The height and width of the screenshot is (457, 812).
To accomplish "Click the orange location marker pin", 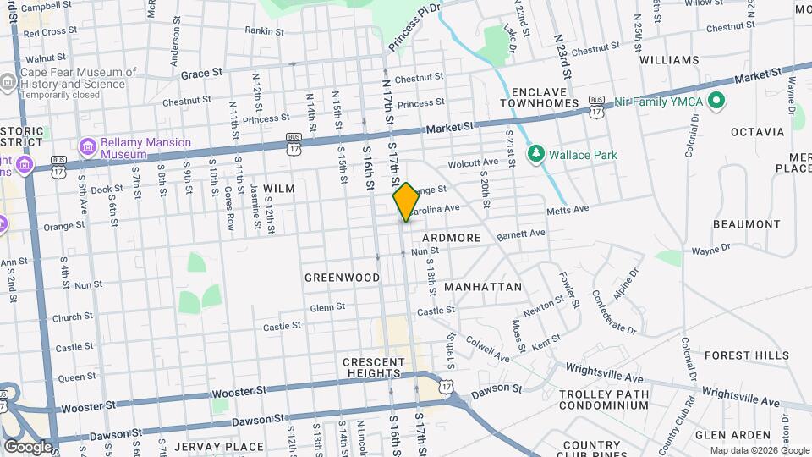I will point(406,201).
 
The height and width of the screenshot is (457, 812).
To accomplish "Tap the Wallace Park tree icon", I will point(535,155).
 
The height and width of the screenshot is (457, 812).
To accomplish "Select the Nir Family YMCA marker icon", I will point(717,102).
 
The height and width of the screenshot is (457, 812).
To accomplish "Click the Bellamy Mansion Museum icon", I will point(88,149).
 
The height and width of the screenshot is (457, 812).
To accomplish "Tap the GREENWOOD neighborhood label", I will point(342,278).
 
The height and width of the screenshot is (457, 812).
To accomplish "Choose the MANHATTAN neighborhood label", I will point(483,287).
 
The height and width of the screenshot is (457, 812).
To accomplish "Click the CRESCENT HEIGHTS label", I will point(371,367).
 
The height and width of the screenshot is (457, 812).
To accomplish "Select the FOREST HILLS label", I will point(746,355).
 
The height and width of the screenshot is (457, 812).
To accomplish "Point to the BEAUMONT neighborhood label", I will point(746,224).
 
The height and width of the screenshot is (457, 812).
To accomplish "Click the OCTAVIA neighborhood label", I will point(758,132).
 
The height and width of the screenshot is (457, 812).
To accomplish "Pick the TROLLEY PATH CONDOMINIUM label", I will point(604,399).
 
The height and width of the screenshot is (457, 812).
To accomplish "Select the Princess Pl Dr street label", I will point(414,26).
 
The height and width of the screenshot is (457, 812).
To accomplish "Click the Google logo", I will point(28,446).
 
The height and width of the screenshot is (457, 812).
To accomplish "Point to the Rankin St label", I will point(262,30).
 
